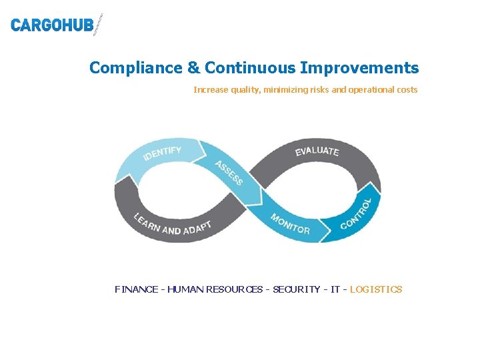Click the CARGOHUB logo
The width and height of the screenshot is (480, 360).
tap(57, 25)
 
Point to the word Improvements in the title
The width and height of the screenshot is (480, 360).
tap(360, 68)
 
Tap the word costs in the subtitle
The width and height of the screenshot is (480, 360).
tap(406, 89)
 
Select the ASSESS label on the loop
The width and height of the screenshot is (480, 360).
tap(229, 173)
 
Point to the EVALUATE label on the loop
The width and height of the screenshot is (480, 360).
tap(317, 151)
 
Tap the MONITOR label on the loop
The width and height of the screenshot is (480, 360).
tap(290, 224)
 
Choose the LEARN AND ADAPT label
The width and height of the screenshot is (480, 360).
tap(172, 225)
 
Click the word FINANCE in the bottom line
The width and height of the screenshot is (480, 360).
tap(137, 289)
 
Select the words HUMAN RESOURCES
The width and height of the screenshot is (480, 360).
tap(215, 289)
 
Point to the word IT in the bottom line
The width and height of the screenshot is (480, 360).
tap(335, 289)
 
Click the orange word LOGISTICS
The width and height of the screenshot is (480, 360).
tap(376, 289)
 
